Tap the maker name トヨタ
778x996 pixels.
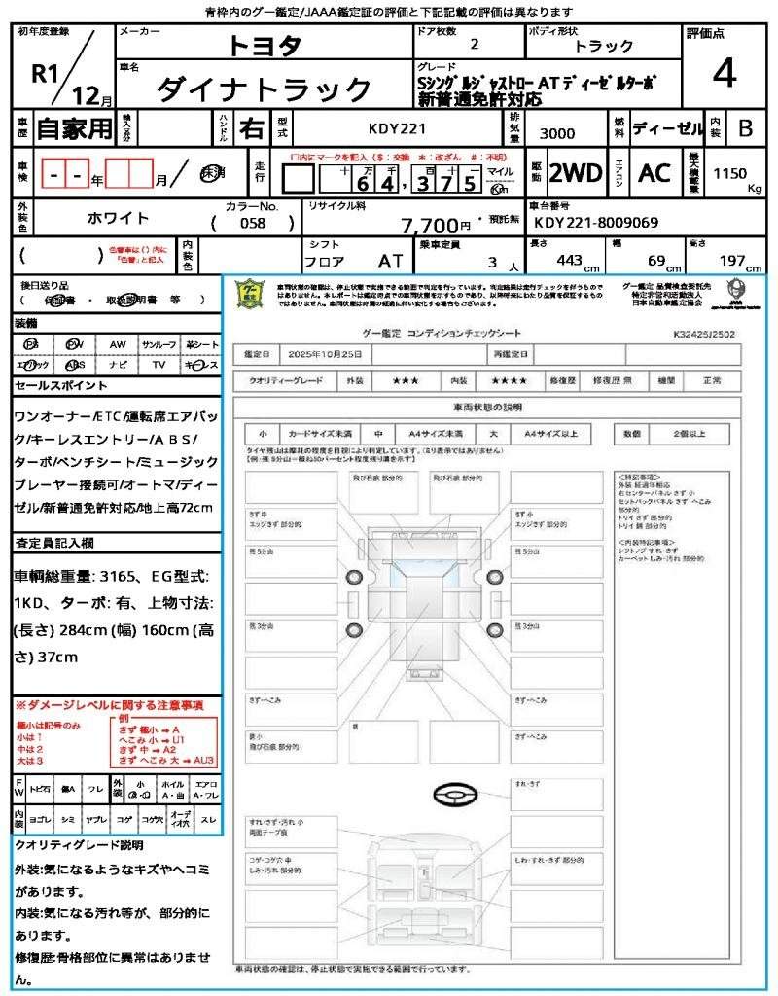[265, 45]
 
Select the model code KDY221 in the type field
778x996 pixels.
[396, 128]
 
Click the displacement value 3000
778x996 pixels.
[556, 133]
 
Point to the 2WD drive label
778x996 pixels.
[576, 173]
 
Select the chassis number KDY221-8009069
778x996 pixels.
[595, 223]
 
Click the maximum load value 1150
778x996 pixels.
[730, 173]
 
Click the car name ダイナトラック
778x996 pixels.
[265, 89]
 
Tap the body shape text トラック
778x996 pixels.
[603, 46]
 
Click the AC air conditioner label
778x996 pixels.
[654, 173]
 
